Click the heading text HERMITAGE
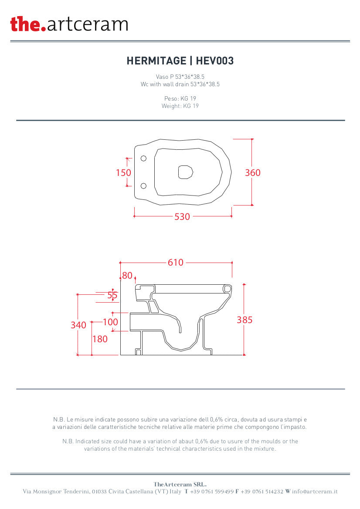156,61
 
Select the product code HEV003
215,61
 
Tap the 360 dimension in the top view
253,172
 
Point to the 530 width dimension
182,216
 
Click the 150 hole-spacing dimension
123,172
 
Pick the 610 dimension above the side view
176,262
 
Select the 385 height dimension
245,320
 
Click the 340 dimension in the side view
78,325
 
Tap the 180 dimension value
100,339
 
